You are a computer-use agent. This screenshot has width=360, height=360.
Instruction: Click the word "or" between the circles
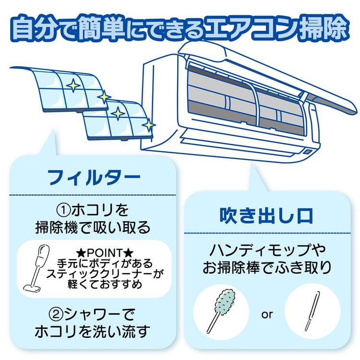267,315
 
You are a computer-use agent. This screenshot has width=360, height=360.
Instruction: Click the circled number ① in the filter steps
63,210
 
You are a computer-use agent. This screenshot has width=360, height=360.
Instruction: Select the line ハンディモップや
267,250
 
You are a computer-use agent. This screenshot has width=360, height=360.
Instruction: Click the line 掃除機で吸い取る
93,227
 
